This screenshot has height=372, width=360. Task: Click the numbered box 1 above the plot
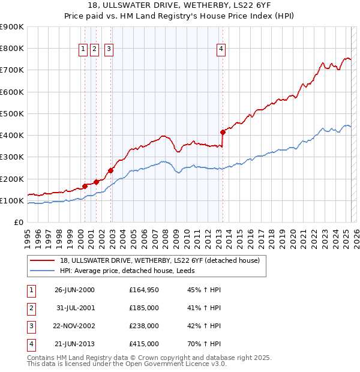pos(83,50)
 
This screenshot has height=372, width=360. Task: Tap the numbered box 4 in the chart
pos(221,50)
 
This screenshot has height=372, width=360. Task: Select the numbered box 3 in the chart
pos(109,50)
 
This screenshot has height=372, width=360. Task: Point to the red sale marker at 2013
pos(223,132)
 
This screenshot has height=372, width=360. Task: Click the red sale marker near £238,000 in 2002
pos(111,170)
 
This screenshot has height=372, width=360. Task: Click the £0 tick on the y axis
pos(18,223)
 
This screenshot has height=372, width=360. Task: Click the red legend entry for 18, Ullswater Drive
pos(160,260)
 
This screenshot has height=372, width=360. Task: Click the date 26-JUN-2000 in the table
pos(74,290)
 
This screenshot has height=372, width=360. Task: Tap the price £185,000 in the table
pos(143,308)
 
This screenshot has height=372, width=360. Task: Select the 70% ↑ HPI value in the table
pos(203,344)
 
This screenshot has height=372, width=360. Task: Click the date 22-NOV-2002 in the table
pos(74,326)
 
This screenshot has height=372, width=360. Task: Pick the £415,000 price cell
pos(143,344)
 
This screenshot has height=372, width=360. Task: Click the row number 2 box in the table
pos(30,308)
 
